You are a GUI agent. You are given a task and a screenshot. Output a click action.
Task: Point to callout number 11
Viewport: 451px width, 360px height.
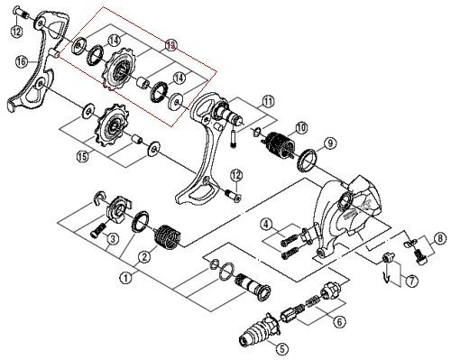(268, 102)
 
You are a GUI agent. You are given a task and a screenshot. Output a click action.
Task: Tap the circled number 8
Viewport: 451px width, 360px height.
(439, 238)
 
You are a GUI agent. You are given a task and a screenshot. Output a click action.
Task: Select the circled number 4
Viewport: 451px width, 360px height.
(267, 224)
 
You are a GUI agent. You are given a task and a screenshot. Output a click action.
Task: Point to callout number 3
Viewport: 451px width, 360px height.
(112, 238)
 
